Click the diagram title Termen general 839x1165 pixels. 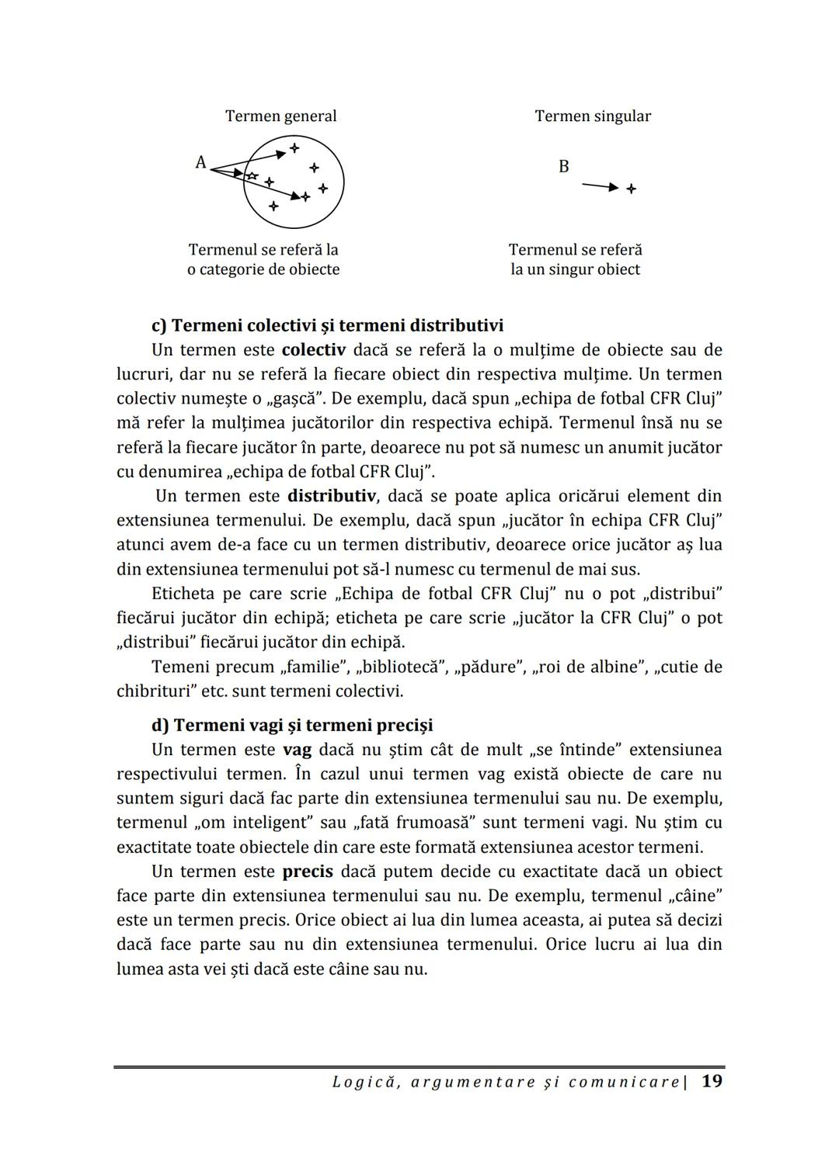280,116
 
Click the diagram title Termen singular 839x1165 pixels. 593,116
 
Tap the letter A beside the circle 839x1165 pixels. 200,162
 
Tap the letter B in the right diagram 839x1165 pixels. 564,167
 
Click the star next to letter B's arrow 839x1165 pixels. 631,189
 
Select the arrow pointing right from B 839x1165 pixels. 600,186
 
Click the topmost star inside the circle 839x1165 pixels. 294,147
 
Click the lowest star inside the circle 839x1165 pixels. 273,206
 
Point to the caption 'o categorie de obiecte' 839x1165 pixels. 263,270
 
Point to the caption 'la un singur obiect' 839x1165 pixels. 575,270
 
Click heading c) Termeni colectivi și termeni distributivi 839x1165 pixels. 327,325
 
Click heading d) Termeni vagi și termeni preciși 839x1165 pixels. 292,726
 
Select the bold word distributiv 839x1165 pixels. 331,496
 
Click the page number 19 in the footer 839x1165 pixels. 712,1081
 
